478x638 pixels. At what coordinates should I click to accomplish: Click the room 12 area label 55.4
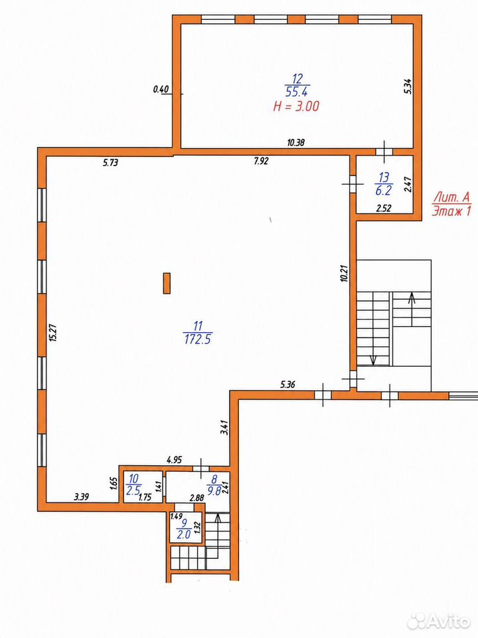point(297,92)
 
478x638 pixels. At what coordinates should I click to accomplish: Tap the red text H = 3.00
point(296,106)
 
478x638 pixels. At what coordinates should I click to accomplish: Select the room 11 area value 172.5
point(198,339)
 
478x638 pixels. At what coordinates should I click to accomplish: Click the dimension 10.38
point(296,142)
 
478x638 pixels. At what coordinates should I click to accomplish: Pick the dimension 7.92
point(262,161)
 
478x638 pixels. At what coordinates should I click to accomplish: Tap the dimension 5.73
point(110,163)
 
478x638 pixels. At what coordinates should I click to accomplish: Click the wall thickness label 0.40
point(161,89)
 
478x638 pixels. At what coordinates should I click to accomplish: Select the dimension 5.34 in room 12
point(408,86)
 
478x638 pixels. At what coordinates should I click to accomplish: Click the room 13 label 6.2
point(384,190)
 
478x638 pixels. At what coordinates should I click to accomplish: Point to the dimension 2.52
point(384,208)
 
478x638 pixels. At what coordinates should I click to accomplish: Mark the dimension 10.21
point(345,273)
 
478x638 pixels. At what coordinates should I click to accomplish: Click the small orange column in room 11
point(167,283)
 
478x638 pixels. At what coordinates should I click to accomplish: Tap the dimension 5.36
point(287,384)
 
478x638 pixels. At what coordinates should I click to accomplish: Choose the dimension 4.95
point(175,460)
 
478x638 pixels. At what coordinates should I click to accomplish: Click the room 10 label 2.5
point(133,490)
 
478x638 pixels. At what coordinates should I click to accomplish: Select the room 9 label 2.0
point(184,534)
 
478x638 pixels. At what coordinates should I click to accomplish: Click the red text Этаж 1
point(451,211)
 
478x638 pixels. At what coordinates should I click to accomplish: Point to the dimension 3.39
point(82,496)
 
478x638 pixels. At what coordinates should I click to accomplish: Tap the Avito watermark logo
point(439,621)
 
